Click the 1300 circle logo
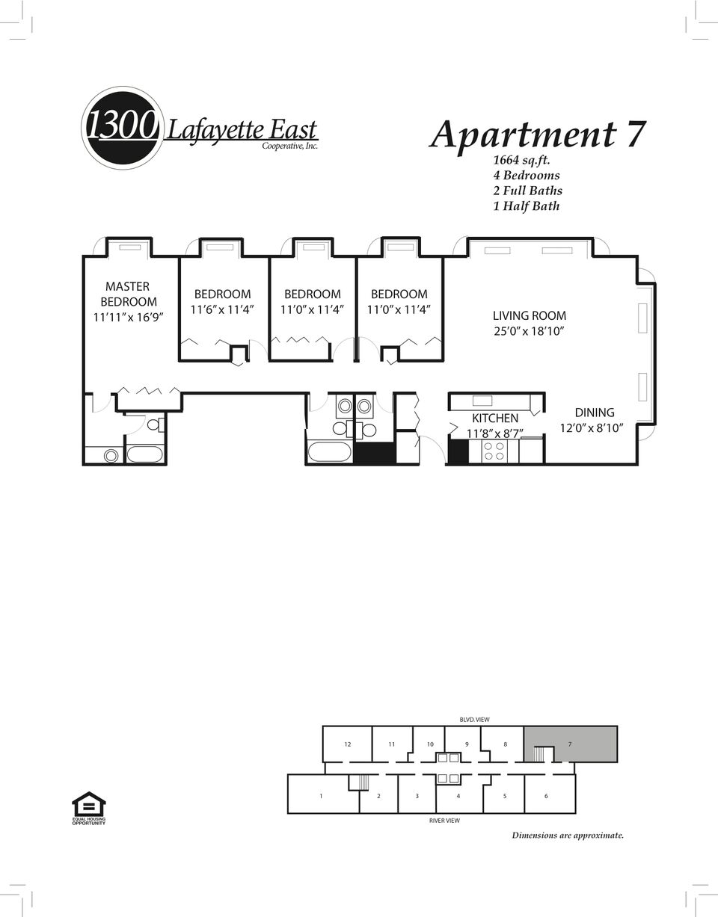point(122,128)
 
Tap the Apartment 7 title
point(537,135)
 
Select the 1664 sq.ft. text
point(522,161)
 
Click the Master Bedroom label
point(129,294)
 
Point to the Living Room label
point(530,315)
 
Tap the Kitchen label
point(494,419)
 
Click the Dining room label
point(595,413)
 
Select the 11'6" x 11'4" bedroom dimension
point(222,309)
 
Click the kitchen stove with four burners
point(494,451)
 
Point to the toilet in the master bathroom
point(156,424)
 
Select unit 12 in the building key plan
point(347,744)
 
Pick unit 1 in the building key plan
point(322,796)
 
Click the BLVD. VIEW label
point(474,720)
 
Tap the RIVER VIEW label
point(444,821)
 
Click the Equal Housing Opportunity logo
point(89,808)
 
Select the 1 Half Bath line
point(527,206)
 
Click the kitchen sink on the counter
point(482,401)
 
